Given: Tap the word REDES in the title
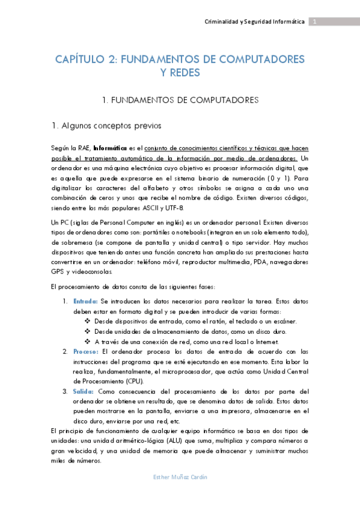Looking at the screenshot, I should (x=180, y=73).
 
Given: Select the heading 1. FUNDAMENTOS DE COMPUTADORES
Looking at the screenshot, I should (x=180, y=99).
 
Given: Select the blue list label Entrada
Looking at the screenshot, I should (x=85, y=300).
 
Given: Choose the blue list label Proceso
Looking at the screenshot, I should (x=86, y=351).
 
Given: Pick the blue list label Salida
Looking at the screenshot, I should (x=84, y=391).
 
